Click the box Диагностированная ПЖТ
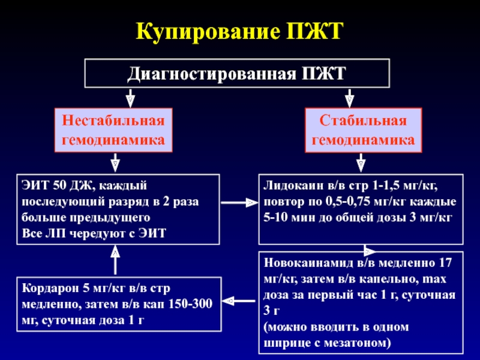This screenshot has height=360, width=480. coord(237,75)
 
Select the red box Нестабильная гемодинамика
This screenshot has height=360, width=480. coord(113,130)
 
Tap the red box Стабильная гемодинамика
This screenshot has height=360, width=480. coord(363,130)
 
